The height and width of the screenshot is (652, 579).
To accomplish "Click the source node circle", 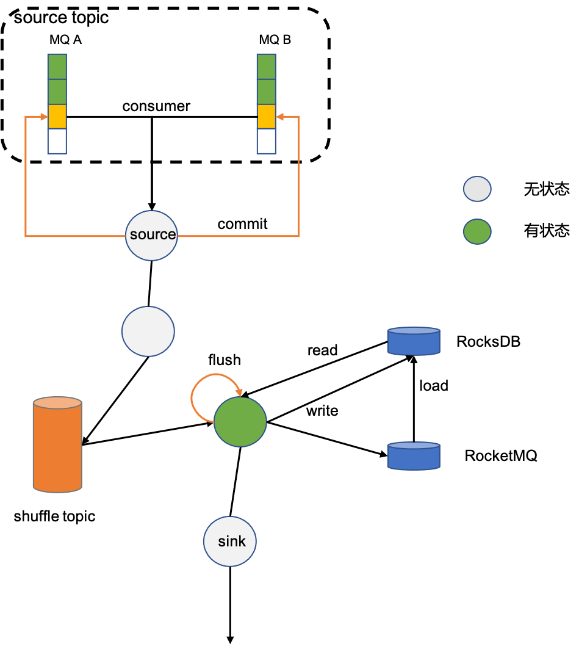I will [x=151, y=236].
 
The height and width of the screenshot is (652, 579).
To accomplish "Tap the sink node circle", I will [x=230, y=542].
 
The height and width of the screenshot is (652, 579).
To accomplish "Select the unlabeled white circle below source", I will [x=148, y=331].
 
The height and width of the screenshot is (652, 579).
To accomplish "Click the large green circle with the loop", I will [x=240, y=422].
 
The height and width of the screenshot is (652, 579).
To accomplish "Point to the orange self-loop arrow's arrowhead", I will [x=239, y=393].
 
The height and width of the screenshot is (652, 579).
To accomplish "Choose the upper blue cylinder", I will [x=414, y=341].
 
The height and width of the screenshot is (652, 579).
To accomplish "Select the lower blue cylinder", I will [x=414, y=456].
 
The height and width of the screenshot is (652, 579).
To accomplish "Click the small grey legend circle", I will [x=477, y=189].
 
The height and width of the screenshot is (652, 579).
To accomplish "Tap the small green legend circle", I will [x=477, y=232].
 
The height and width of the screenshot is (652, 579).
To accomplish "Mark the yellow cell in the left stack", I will [x=57, y=116].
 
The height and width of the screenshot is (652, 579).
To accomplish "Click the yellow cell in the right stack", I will [x=266, y=116].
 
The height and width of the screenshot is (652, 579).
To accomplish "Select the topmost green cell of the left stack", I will [x=57, y=67].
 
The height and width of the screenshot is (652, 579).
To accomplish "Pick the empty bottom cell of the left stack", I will [x=57, y=141].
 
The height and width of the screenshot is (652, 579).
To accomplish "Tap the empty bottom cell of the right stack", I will [x=266, y=141].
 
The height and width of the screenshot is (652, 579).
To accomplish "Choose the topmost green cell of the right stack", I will [x=266, y=67].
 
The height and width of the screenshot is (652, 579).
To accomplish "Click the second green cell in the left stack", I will [x=57, y=92].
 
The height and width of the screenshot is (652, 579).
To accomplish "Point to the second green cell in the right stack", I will [x=266, y=92].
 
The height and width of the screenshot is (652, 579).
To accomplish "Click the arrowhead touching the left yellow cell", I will [x=44, y=117].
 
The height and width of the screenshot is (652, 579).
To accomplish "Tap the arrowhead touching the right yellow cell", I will [x=279, y=117].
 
